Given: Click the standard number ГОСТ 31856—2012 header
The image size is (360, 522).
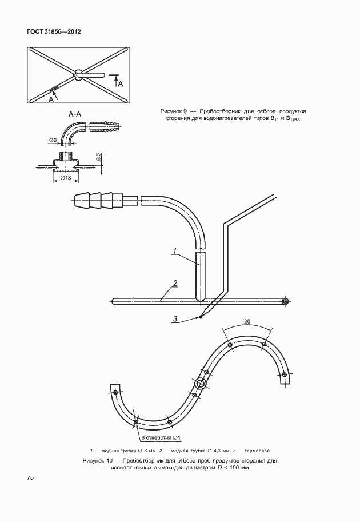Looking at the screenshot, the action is click(54, 32).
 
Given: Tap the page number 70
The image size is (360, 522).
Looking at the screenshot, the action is click(30, 478).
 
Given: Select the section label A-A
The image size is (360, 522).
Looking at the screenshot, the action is click(75, 114).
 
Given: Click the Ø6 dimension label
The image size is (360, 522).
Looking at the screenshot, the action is click(52, 141).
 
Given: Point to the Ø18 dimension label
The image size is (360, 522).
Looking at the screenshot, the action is click(66, 177).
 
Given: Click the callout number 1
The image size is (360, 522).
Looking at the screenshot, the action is click(175, 250).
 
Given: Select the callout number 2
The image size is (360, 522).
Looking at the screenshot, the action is click(175, 284).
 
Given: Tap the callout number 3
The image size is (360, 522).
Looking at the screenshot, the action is click(175, 319).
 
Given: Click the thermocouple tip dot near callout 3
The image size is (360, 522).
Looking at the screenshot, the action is click(201, 317).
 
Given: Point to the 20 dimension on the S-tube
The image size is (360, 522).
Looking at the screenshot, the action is click(247, 321).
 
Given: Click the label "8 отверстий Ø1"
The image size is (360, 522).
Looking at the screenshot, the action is click(161, 437).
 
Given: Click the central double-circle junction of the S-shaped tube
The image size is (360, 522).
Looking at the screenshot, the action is click(201, 384).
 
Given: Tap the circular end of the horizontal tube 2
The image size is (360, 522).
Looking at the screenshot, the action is click(285, 301).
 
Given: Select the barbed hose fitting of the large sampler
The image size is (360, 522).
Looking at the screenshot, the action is click(98, 201).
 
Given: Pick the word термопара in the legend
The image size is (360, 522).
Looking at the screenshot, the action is click(257, 451).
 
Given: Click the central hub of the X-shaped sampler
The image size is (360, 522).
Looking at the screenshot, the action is click(78, 75).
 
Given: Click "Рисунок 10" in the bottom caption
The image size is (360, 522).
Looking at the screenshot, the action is click(98, 461).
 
